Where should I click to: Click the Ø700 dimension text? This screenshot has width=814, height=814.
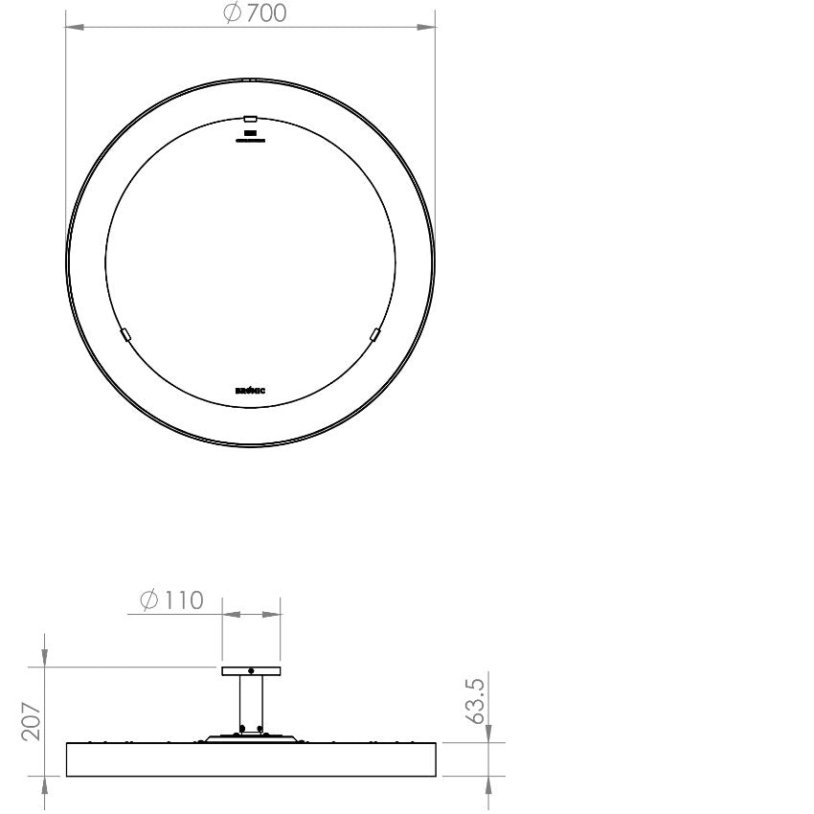click(x=255, y=13)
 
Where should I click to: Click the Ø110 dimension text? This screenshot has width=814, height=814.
click(x=172, y=600)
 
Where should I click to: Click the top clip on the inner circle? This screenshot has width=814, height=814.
click(x=250, y=118)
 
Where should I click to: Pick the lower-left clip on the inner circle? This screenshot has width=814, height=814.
click(x=124, y=334)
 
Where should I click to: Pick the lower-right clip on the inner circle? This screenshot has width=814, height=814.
click(x=374, y=334)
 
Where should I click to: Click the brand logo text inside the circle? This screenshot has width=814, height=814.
click(x=250, y=391)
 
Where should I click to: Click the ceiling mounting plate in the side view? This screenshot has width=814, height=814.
click(x=251, y=671)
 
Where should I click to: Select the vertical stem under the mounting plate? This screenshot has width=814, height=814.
click(x=251, y=704)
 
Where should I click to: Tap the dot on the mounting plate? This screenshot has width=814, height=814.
click(x=251, y=670)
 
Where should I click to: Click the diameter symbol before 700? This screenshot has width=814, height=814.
click(x=233, y=13)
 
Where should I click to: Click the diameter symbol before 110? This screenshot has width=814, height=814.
click(x=149, y=600)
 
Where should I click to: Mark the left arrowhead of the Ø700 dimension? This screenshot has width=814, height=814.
click(x=72, y=28)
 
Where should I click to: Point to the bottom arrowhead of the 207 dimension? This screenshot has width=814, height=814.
click(x=45, y=783)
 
